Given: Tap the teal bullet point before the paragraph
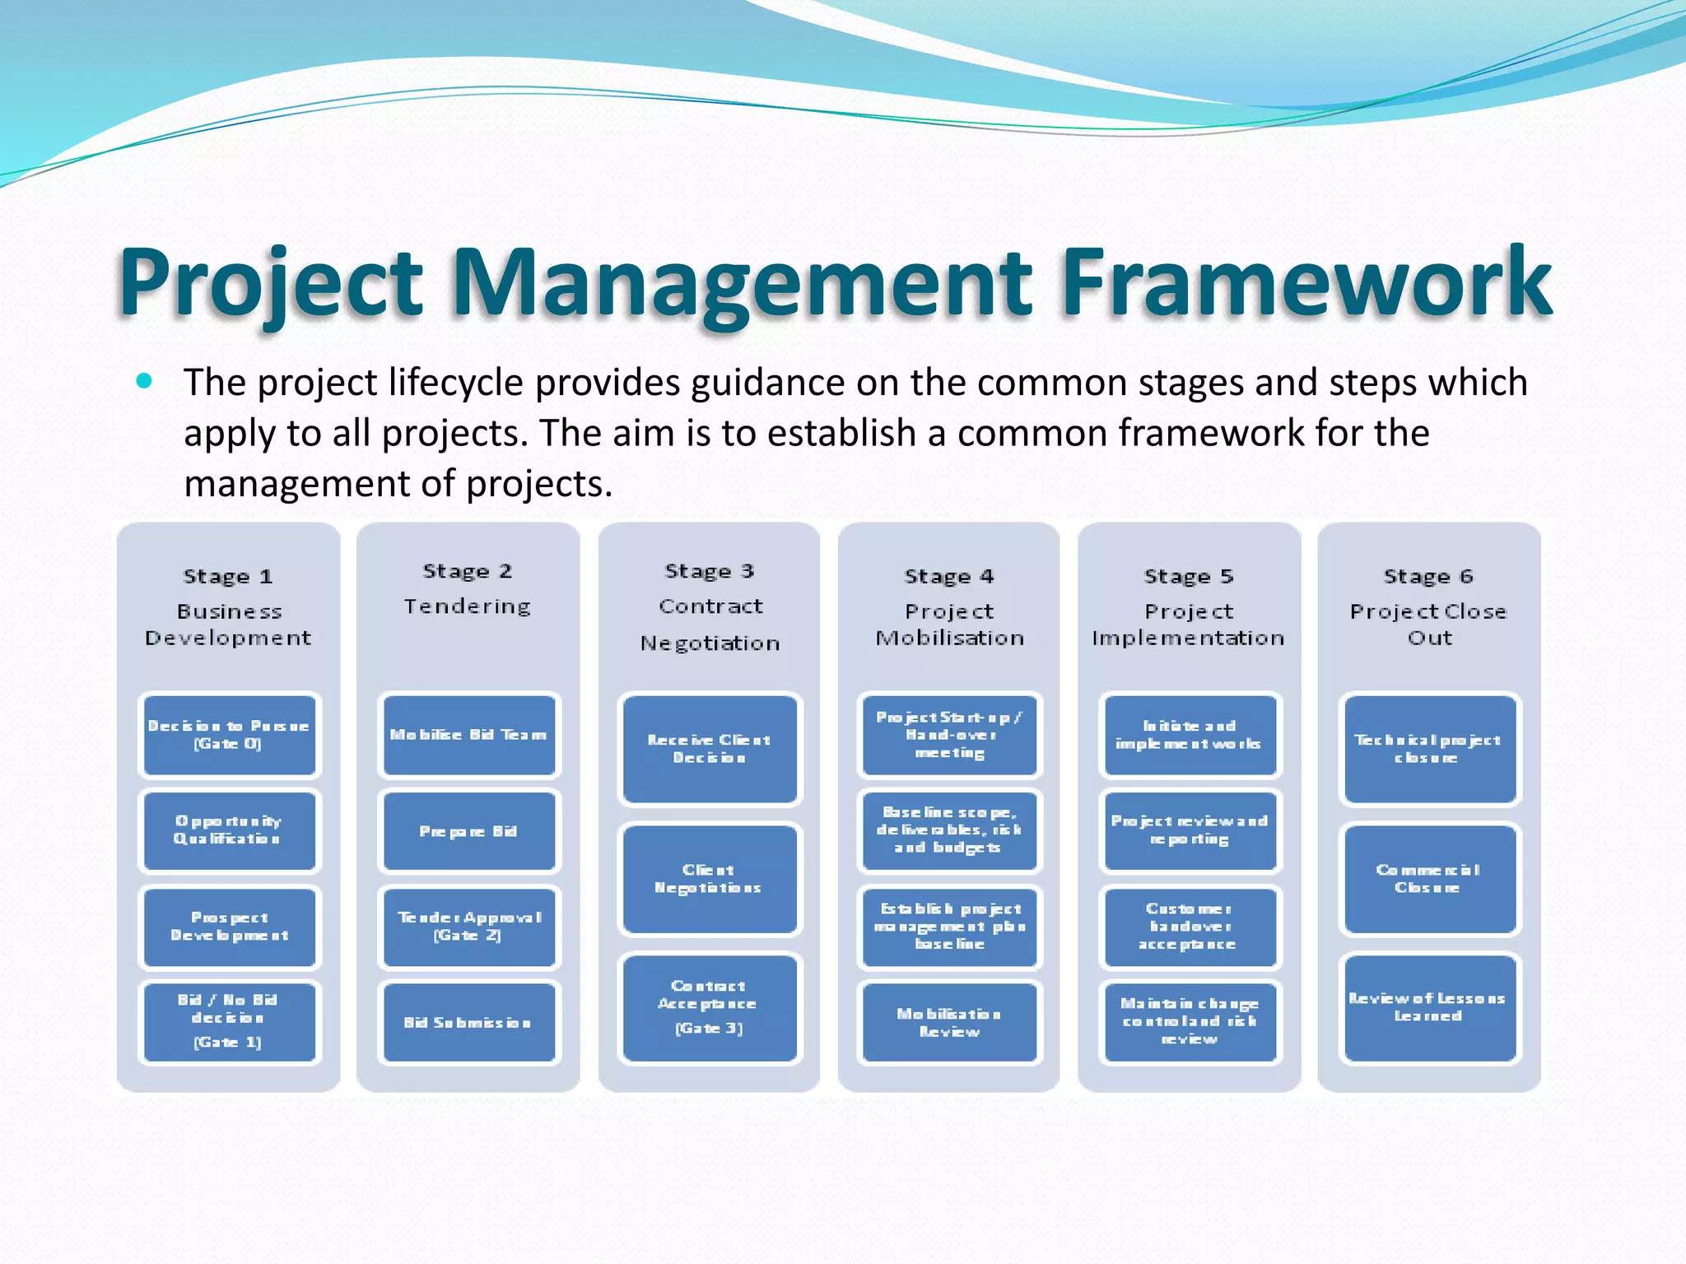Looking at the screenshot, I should pyautogui.click(x=145, y=380).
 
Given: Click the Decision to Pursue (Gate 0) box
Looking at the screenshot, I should pyautogui.click(x=229, y=735).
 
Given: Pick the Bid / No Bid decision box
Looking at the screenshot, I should pyautogui.click(x=229, y=1021).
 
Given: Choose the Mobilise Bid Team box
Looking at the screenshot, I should pyautogui.click(x=468, y=735).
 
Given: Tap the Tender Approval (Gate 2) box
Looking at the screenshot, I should pyautogui.click(x=468, y=926).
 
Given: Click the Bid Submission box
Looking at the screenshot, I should pyautogui.click(x=468, y=1021).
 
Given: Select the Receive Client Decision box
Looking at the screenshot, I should pyautogui.click(x=709, y=748).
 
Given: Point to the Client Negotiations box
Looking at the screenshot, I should pyautogui.click(x=709, y=878).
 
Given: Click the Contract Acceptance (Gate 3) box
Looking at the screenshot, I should pyautogui.click(x=709, y=1006).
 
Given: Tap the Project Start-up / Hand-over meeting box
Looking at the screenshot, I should pyautogui.click(x=949, y=735).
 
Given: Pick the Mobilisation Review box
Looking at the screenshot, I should pyautogui.click(x=949, y=1021).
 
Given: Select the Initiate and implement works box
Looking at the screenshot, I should pyautogui.click(x=1189, y=735).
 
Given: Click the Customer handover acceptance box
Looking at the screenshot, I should pyautogui.click(x=1189, y=926).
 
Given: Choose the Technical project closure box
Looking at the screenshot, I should pyautogui.click(x=1428, y=748).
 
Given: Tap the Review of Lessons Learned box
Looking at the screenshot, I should pyautogui.click(x=1428, y=1006).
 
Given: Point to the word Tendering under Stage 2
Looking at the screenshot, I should pyautogui.click(x=468, y=606).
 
